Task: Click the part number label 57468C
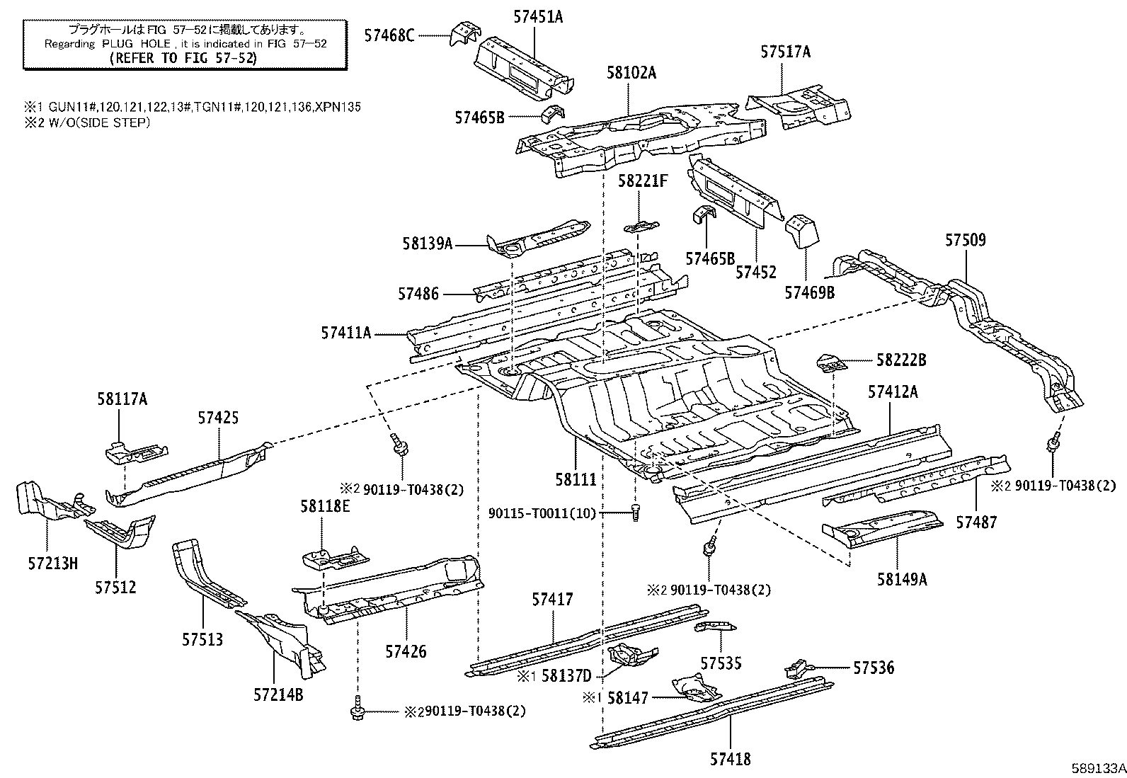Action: coord(389,34)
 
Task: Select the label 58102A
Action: coord(631,72)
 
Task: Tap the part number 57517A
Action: coord(786,52)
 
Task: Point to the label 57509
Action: coord(965,240)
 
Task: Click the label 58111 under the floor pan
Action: coord(576,479)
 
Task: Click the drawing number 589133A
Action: coord(1097,767)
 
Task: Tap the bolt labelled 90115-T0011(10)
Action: coord(634,513)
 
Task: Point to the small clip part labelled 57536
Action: coord(796,668)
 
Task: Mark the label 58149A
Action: coord(901,579)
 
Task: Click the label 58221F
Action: coord(642,181)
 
